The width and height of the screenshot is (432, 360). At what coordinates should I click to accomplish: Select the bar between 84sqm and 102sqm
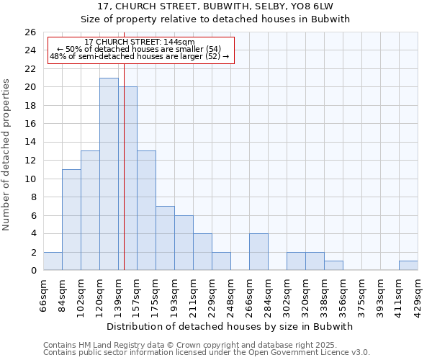[71, 220]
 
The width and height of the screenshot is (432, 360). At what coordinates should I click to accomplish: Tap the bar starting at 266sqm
[258, 252]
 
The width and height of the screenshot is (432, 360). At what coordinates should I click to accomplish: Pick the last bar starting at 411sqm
[408, 266]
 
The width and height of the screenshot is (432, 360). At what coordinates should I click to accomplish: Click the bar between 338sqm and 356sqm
[333, 266]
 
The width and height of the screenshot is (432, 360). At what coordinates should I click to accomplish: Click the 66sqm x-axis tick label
[43, 296]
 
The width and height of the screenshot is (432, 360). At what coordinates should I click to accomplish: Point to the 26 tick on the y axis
[30, 32]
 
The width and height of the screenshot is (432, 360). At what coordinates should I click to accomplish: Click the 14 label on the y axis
[30, 143]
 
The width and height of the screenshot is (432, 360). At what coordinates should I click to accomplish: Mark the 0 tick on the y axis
[33, 271]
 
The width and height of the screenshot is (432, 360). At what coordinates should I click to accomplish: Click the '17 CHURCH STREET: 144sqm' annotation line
[140, 42]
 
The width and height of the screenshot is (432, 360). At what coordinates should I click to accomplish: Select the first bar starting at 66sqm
[53, 261]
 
